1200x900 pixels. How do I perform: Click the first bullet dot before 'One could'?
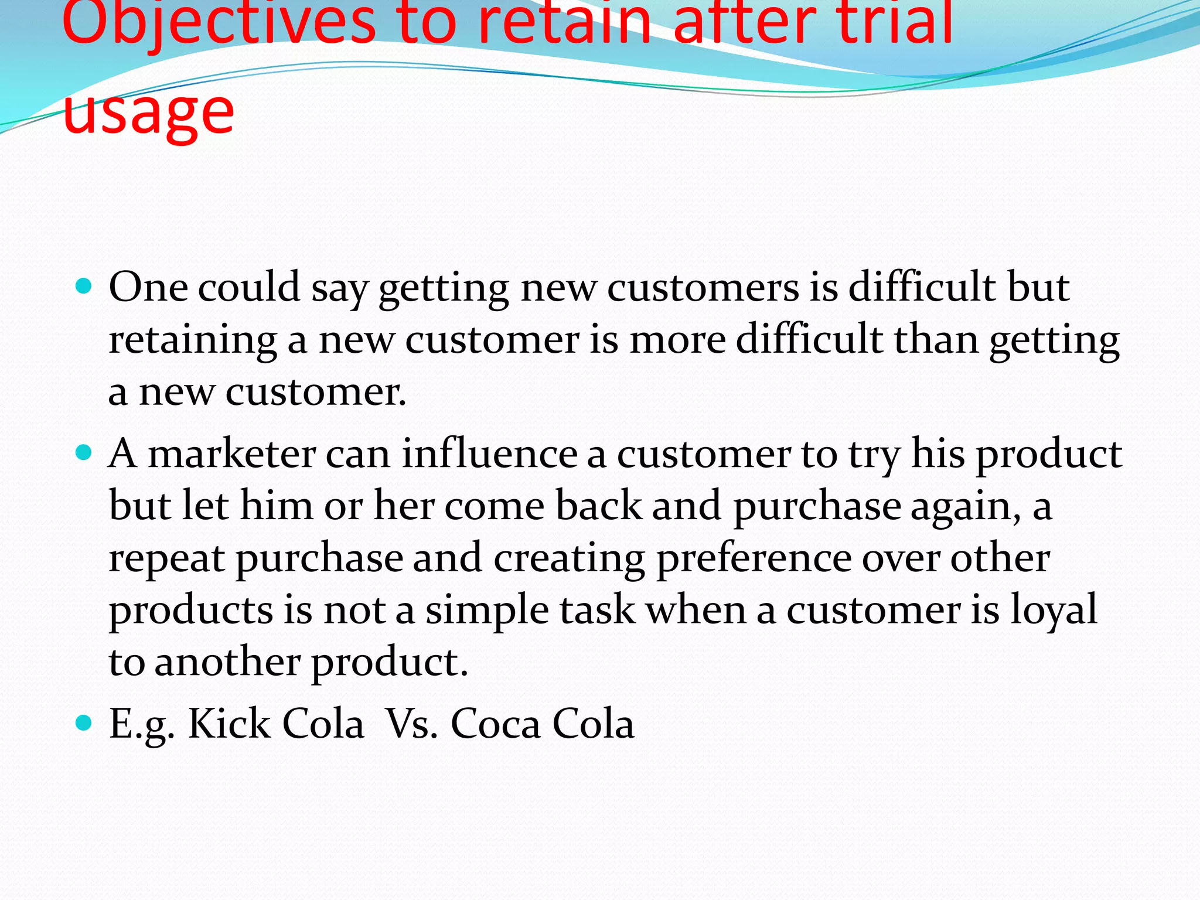pos(84,287)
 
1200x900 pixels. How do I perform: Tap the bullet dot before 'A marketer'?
pos(84,453)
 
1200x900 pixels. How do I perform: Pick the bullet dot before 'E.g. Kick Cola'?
pos(84,723)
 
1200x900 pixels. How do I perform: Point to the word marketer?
pos(231,454)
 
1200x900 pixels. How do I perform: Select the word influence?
pos(489,454)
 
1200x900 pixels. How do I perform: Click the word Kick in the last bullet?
pos(229,724)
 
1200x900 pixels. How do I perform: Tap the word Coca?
pos(495,724)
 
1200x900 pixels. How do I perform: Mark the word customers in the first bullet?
pos(703,288)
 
